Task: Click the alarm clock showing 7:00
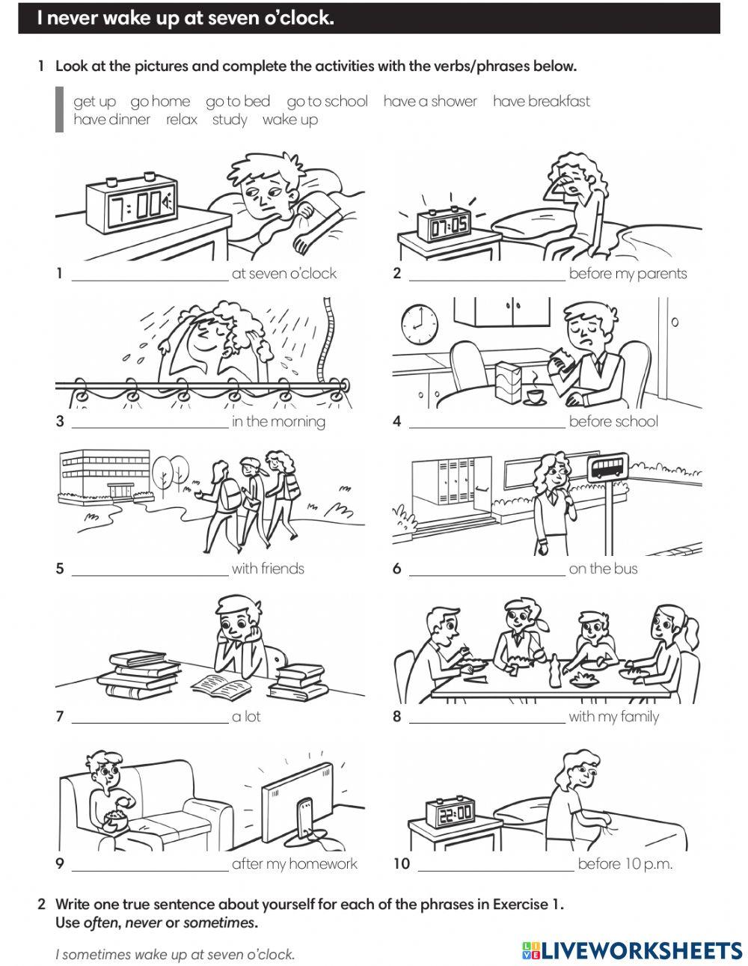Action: [x=132, y=204]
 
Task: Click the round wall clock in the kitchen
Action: [x=419, y=324]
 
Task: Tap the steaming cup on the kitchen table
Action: [x=535, y=396]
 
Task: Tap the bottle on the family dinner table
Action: [x=554, y=671]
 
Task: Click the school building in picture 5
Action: [x=105, y=475]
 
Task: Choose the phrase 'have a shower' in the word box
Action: [x=430, y=101]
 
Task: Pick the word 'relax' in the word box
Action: [x=181, y=120]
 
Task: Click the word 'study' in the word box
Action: [x=230, y=120]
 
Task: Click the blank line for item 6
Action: [x=487, y=575]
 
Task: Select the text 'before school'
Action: [x=613, y=421]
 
